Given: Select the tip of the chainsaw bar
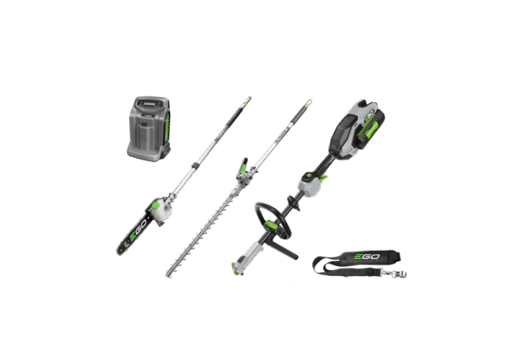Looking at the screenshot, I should [120, 250].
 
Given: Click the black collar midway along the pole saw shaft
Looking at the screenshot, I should [194, 162].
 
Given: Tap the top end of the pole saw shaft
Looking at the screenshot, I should [248, 98].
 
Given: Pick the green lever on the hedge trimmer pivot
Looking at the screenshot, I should [244, 170].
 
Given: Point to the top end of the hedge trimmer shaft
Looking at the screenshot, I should [309, 102].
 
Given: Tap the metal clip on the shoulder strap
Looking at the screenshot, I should [397, 273].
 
